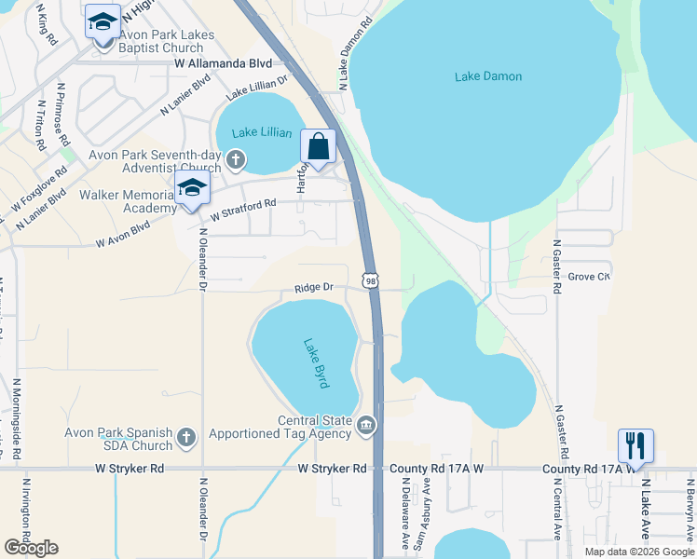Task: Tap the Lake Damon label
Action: tap(488, 76)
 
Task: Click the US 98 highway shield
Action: tap(371, 280)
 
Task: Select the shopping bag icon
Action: tap(318, 147)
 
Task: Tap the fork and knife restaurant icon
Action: tap(635, 444)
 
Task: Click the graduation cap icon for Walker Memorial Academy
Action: tap(192, 187)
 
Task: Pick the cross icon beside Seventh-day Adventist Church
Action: tap(236, 159)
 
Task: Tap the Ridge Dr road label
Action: tap(314, 289)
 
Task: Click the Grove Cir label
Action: tap(589, 277)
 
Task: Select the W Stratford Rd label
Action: tap(243, 210)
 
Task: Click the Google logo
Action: tap(31, 547)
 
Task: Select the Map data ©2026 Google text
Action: tap(639, 552)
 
